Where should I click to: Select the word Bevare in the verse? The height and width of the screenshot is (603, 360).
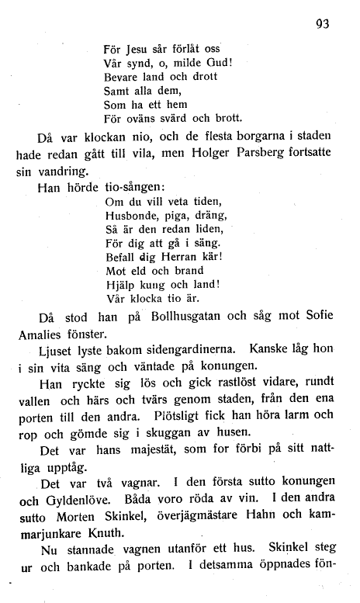coord(120,77)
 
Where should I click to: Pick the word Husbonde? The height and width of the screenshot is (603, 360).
coord(130,217)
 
